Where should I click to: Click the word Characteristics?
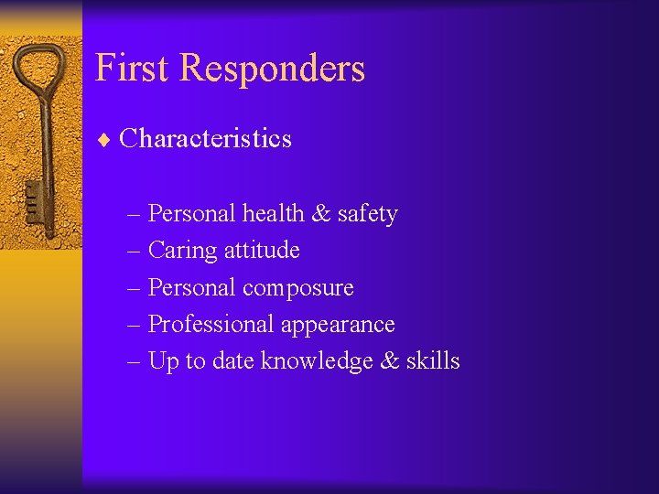pos(205,139)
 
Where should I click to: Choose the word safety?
pos(367,215)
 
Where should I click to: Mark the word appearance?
pos(338,326)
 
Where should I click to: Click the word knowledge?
pos(316,361)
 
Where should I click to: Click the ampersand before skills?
pos(389,361)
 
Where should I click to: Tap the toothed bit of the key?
pos(33,199)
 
